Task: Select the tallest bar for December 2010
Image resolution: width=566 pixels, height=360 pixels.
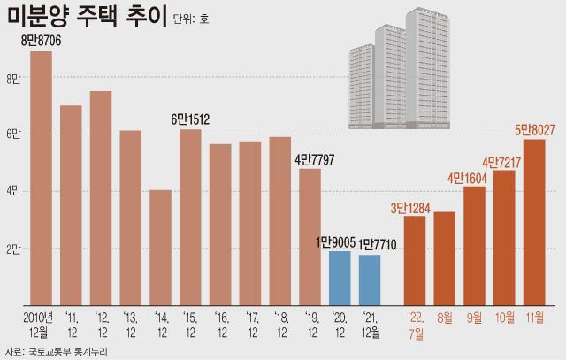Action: tap(41, 177)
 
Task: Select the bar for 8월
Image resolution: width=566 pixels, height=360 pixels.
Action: tap(444, 257)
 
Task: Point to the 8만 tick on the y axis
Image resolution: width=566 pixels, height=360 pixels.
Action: tap(12, 78)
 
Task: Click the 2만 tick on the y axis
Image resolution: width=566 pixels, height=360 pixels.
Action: tap(12, 249)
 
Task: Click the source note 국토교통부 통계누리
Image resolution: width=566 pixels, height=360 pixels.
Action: tap(75, 350)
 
